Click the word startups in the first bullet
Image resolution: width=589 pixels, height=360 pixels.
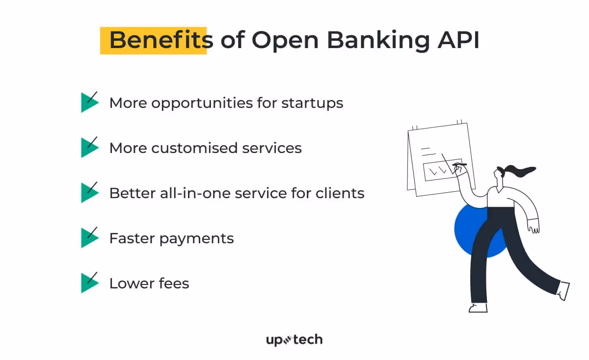[x=312, y=103]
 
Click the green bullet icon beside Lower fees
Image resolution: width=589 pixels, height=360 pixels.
[x=88, y=283]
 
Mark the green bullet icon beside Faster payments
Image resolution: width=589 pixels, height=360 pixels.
[x=88, y=238]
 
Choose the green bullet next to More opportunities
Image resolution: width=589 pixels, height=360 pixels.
[x=88, y=103]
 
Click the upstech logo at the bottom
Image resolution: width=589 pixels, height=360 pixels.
[x=294, y=340]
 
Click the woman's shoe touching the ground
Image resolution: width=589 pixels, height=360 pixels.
[x=478, y=308]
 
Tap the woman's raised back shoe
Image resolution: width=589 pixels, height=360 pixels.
[x=564, y=290]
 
